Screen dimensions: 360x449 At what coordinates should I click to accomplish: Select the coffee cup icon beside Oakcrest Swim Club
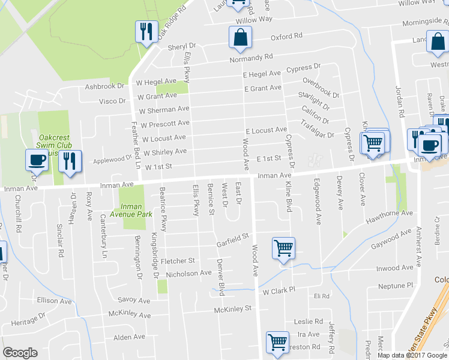click(x=37, y=160)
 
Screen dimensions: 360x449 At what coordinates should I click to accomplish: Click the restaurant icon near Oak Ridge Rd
click(x=146, y=31)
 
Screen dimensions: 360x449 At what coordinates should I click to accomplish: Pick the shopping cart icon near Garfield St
click(x=283, y=247)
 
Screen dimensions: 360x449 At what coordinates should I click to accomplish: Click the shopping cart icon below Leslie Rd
click(x=277, y=343)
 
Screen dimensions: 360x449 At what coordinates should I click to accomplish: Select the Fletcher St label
click(x=181, y=261)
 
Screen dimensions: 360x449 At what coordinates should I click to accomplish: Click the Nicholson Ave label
click(x=190, y=273)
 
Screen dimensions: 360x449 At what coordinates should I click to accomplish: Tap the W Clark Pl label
click(x=280, y=290)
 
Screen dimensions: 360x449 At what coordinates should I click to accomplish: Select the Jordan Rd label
click(x=399, y=95)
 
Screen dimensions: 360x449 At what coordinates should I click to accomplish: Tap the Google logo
click(x=20, y=353)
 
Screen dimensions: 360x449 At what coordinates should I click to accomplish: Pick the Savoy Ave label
click(x=134, y=299)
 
